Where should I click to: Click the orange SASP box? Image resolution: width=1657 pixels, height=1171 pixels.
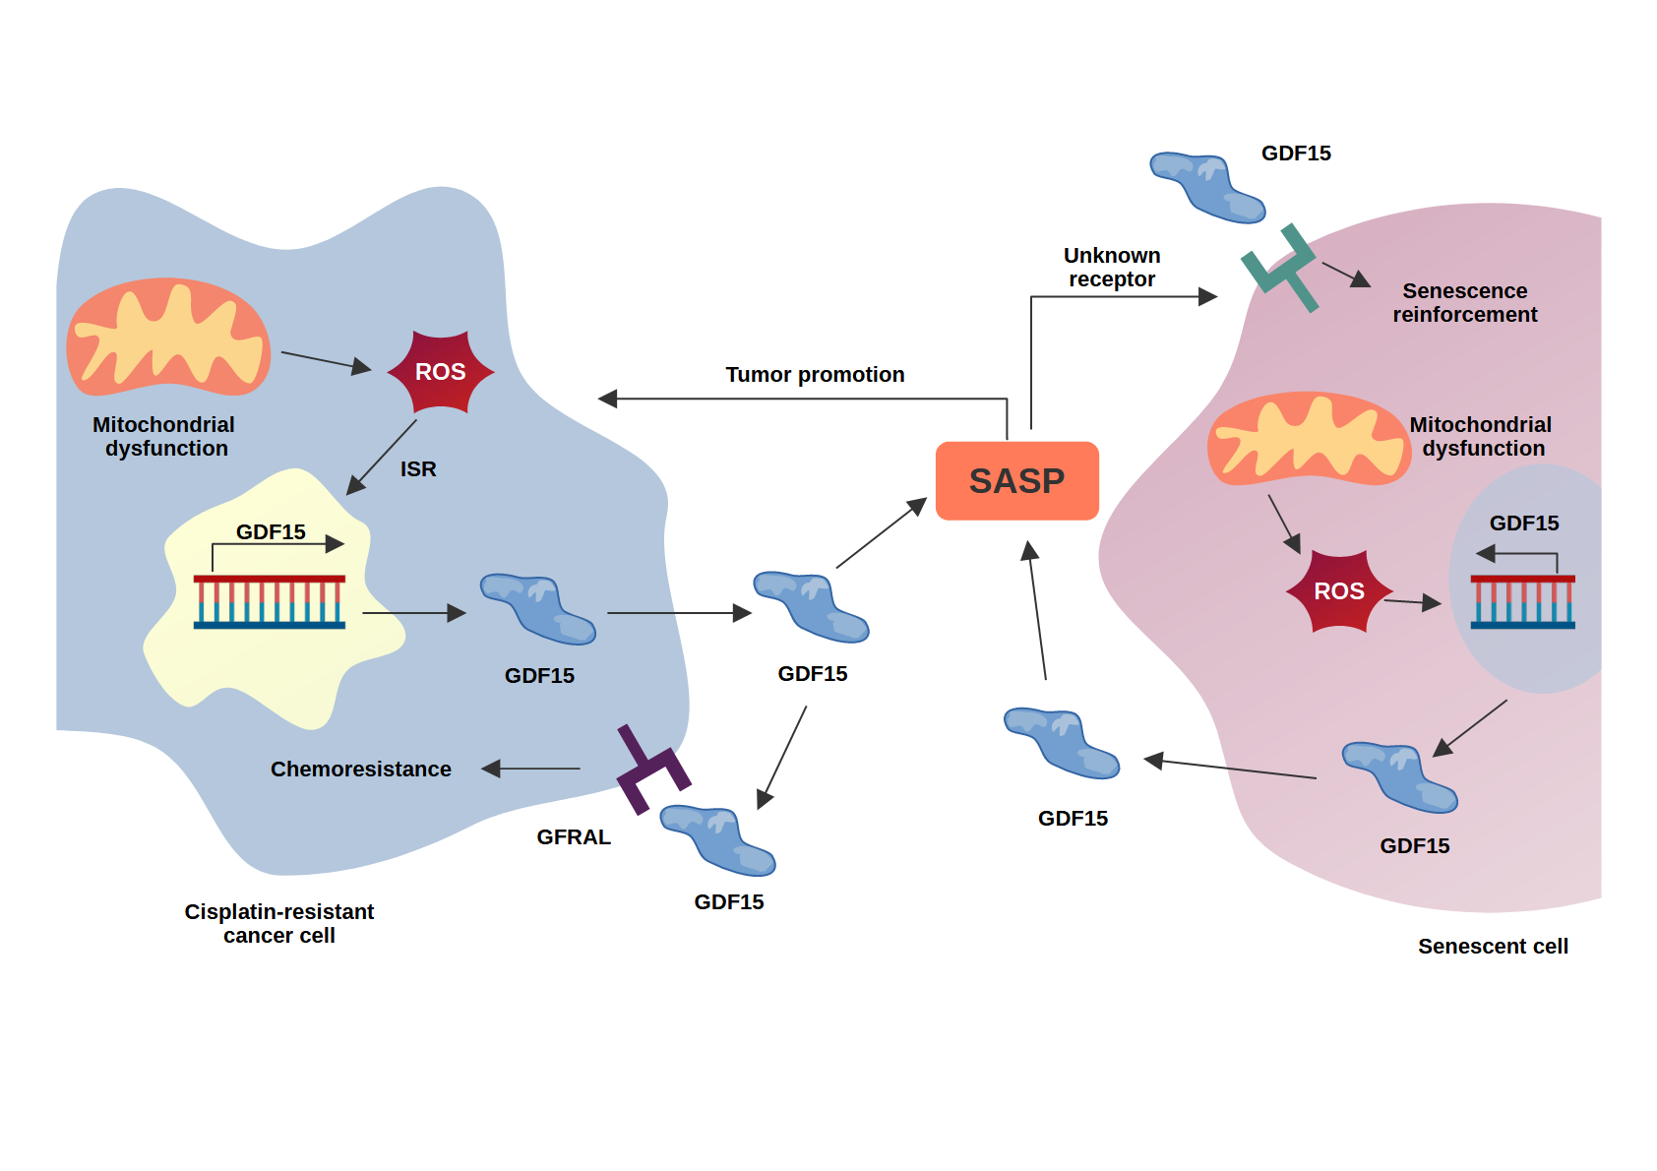[x=1016, y=480]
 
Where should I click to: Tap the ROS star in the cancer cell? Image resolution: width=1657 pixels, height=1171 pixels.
[x=440, y=372]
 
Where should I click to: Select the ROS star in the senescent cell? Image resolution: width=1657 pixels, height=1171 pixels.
[x=1339, y=590]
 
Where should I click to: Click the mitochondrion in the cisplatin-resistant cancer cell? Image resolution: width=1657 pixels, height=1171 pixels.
[x=168, y=337]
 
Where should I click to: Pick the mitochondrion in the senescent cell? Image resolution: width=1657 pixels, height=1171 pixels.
[x=1309, y=439]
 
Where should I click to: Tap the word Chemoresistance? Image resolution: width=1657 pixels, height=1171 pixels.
[x=360, y=769]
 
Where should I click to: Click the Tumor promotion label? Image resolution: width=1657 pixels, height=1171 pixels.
[x=815, y=375]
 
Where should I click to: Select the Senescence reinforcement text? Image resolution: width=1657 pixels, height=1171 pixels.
[x=1464, y=303]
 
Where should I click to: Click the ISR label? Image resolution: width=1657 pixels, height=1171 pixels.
[x=418, y=469]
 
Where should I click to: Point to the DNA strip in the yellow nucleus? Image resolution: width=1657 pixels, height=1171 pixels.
[x=270, y=601]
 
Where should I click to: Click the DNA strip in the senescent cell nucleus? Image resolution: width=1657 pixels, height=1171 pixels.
[x=1522, y=601]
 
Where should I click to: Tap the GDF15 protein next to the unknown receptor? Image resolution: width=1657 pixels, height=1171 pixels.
[x=1207, y=186]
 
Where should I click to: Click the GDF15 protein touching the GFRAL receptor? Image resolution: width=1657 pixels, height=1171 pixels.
[x=717, y=840]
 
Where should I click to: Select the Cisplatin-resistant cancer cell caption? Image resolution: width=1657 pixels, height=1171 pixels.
[x=279, y=923]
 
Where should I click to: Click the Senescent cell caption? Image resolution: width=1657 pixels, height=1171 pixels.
[x=1492, y=946]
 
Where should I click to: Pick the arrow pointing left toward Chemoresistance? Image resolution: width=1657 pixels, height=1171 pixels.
[x=531, y=769]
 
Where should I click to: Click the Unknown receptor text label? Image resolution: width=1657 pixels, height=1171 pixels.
[x=1112, y=268]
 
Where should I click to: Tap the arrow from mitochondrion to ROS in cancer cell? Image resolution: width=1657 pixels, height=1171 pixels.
[x=325, y=361]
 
